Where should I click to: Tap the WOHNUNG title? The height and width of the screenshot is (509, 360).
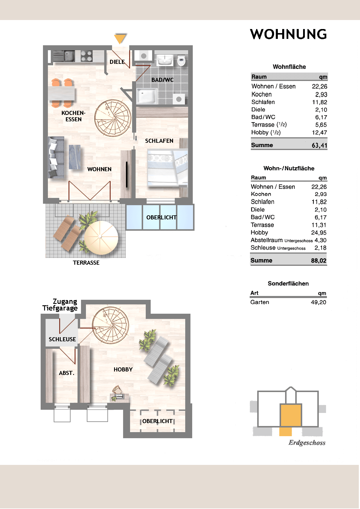tap(288, 34)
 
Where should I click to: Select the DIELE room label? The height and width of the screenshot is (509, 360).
tap(117, 62)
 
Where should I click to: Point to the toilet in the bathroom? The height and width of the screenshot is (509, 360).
tap(181, 61)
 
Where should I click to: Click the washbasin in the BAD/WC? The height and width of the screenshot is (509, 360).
tap(165, 61)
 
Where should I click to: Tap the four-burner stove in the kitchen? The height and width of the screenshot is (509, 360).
tap(87, 56)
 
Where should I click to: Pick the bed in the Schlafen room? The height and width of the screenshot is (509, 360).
tap(167, 167)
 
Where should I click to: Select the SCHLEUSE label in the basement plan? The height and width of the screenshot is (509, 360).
tap(62, 339)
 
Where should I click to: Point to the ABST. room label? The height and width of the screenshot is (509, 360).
tap(66, 373)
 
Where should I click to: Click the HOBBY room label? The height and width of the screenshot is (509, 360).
tap(123, 369)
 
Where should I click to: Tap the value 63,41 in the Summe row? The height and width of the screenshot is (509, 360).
tap(319, 145)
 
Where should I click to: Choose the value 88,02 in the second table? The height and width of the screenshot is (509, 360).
tap(319, 261)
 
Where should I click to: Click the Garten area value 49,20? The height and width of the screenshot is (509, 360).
tap(318, 302)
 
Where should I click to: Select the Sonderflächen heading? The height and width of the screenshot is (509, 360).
tap(288, 284)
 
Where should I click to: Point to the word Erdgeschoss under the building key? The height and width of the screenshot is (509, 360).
tap(307, 443)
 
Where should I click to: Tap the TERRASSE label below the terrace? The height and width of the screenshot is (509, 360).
tap(86, 263)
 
